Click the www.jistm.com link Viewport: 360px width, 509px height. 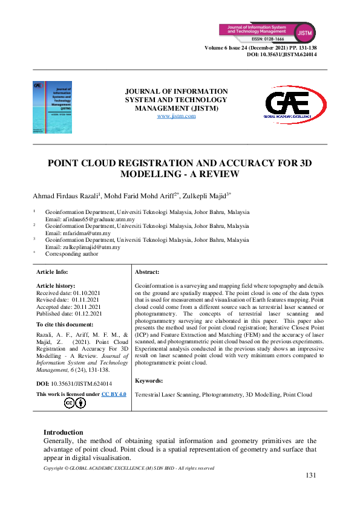tap(176, 115)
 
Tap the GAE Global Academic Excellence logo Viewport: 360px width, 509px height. tap(295, 107)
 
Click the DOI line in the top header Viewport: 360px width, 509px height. tap(282, 54)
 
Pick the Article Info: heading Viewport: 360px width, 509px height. tap(53, 273)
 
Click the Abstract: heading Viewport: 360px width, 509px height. tap(147, 273)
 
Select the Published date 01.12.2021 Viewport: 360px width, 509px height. tap(69, 314)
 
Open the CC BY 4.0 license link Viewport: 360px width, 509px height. tap(114, 394)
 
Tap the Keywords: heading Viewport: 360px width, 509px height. tap(149, 380)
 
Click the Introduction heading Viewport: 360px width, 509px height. tap(63, 432)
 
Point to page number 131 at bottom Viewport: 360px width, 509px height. tap(310, 475)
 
